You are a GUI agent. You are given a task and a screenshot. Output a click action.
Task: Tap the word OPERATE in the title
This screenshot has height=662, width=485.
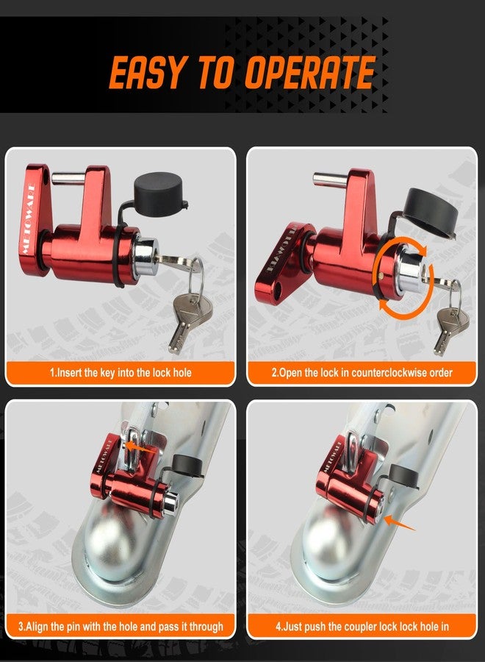(x=310, y=72)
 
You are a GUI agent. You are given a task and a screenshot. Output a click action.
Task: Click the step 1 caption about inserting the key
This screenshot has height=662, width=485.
(x=121, y=373)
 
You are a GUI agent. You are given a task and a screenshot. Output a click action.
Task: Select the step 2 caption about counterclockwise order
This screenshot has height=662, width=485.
(x=362, y=373)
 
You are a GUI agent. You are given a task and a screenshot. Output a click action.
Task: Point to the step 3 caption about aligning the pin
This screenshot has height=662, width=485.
(x=121, y=626)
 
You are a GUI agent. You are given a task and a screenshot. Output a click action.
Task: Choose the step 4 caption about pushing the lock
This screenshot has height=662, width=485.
(x=362, y=626)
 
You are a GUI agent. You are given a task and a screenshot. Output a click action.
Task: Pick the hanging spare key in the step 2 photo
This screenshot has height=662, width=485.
(x=451, y=330)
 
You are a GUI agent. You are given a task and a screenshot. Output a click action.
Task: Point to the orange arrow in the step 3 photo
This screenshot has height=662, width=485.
(x=142, y=448)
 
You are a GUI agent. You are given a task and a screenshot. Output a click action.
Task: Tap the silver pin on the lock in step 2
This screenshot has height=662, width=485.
(x=331, y=180)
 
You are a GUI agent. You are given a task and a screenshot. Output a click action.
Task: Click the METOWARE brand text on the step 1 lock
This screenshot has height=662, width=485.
(x=30, y=218)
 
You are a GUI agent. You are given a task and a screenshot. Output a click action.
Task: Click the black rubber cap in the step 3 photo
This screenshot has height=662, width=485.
(x=187, y=465)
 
